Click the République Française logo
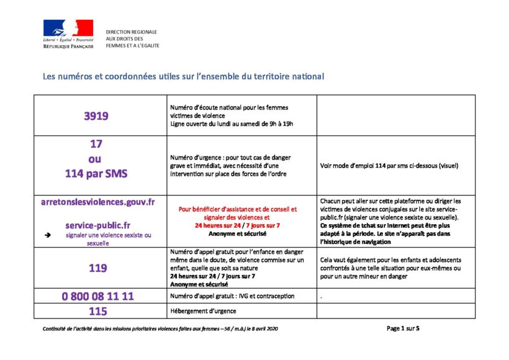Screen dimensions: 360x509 68,34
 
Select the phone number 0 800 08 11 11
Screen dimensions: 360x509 98,296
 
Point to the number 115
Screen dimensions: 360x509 97,312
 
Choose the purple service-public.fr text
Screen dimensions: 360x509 98,225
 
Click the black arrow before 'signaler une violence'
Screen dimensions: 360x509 47,236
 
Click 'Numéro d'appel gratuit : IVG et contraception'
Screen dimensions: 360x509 232,296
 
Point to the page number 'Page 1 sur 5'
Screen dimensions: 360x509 403,328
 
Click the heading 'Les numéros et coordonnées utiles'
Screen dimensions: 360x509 183,77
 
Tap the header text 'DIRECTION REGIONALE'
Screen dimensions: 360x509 132,32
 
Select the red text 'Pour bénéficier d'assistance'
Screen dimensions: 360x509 238,209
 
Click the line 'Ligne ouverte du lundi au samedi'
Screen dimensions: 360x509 231,124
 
